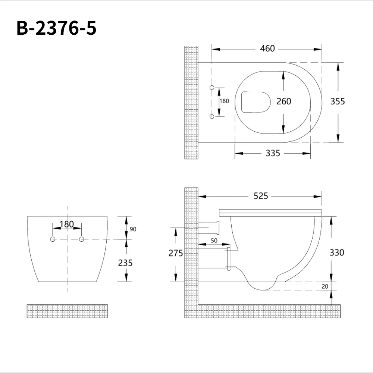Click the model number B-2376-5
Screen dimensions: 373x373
pos(56,28)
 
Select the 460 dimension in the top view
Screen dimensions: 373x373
pos(267,48)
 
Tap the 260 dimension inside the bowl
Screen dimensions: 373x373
pos(284,101)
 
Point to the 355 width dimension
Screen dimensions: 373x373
pos(338,101)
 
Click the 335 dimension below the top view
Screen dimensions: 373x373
pos(273,153)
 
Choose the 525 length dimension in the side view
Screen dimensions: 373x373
pos(261,196)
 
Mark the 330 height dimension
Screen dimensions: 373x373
pos(337,253)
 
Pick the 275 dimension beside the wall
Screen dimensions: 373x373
pos(176,253)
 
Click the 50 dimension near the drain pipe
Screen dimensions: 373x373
pos(214,241)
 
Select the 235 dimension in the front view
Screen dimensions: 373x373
pos(125,263)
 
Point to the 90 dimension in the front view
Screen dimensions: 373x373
pos(133,229)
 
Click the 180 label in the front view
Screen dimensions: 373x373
pos(66,225)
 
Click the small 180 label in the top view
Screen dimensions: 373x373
pos(224,101)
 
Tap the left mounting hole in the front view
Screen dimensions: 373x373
pos(53,239)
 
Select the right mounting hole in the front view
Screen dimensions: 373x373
pos(81,239)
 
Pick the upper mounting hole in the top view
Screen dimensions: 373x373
pos(212,87)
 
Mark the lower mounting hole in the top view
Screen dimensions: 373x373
pos(212,117)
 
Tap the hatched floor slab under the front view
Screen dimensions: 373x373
pos(67,311)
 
